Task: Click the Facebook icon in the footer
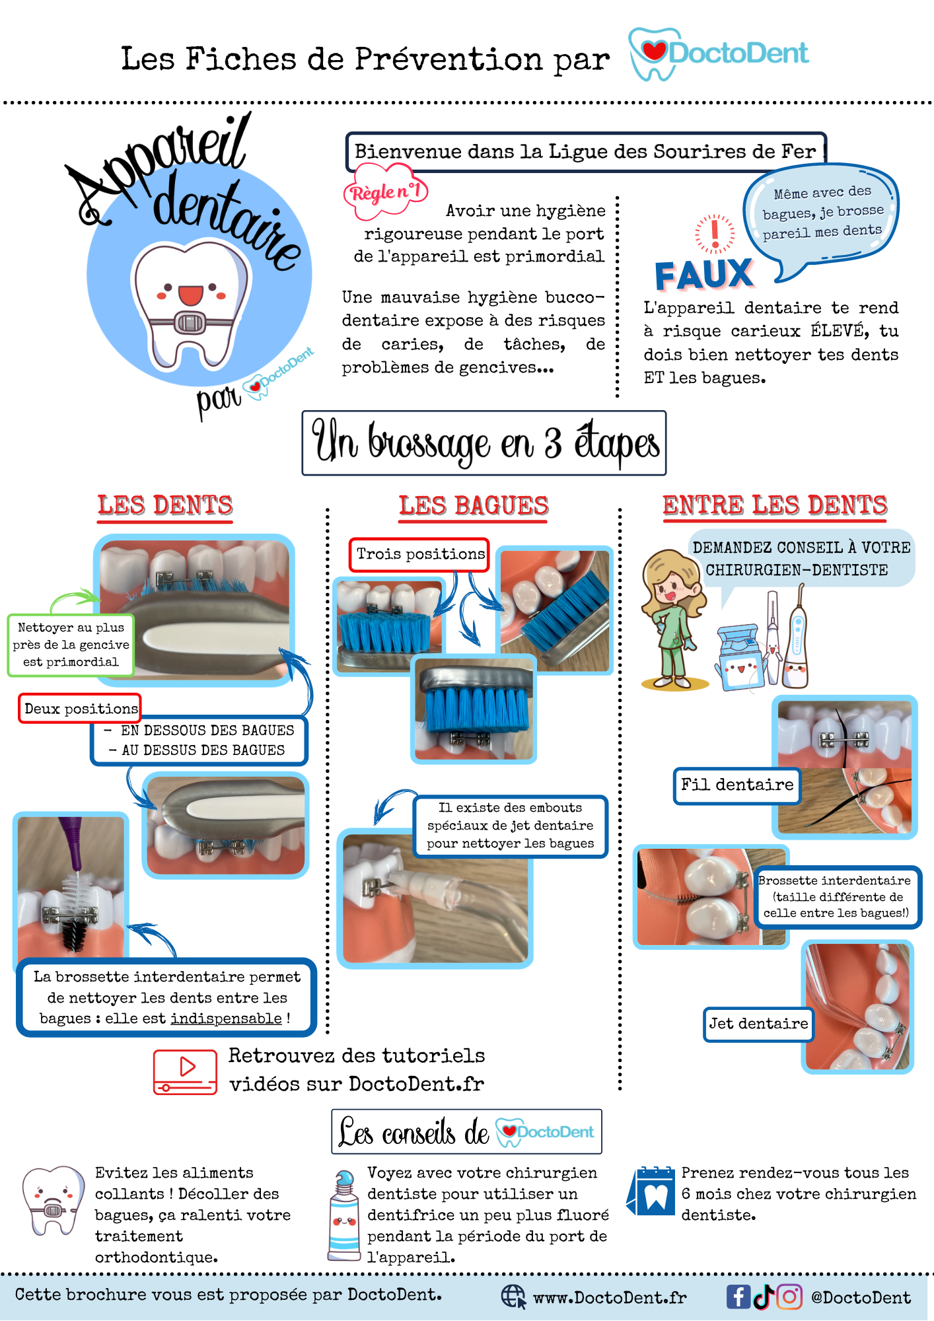(x=738, y=1297)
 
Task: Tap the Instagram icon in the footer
(x=789, y=1297)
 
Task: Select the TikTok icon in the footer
(x=764, y=1297)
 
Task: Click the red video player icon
(x=185, y=1072)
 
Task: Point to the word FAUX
(x=704, y=275)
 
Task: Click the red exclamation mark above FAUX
(x=715, y=234)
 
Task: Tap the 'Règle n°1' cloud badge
(x=386, y=192)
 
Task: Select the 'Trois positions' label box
(x=420, y=554)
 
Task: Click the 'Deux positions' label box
(x=81, y=709)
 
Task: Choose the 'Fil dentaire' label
(x=737, y=785)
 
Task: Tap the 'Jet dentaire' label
(x=758, y=1024)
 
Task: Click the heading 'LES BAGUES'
(x=474, y=506)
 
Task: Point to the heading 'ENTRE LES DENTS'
(x=775, y=505)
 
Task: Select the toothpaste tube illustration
(x=344, y=1216)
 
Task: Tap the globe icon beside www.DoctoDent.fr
(x=513, y=1297)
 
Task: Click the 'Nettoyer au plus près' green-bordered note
(x=71, y=645)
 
